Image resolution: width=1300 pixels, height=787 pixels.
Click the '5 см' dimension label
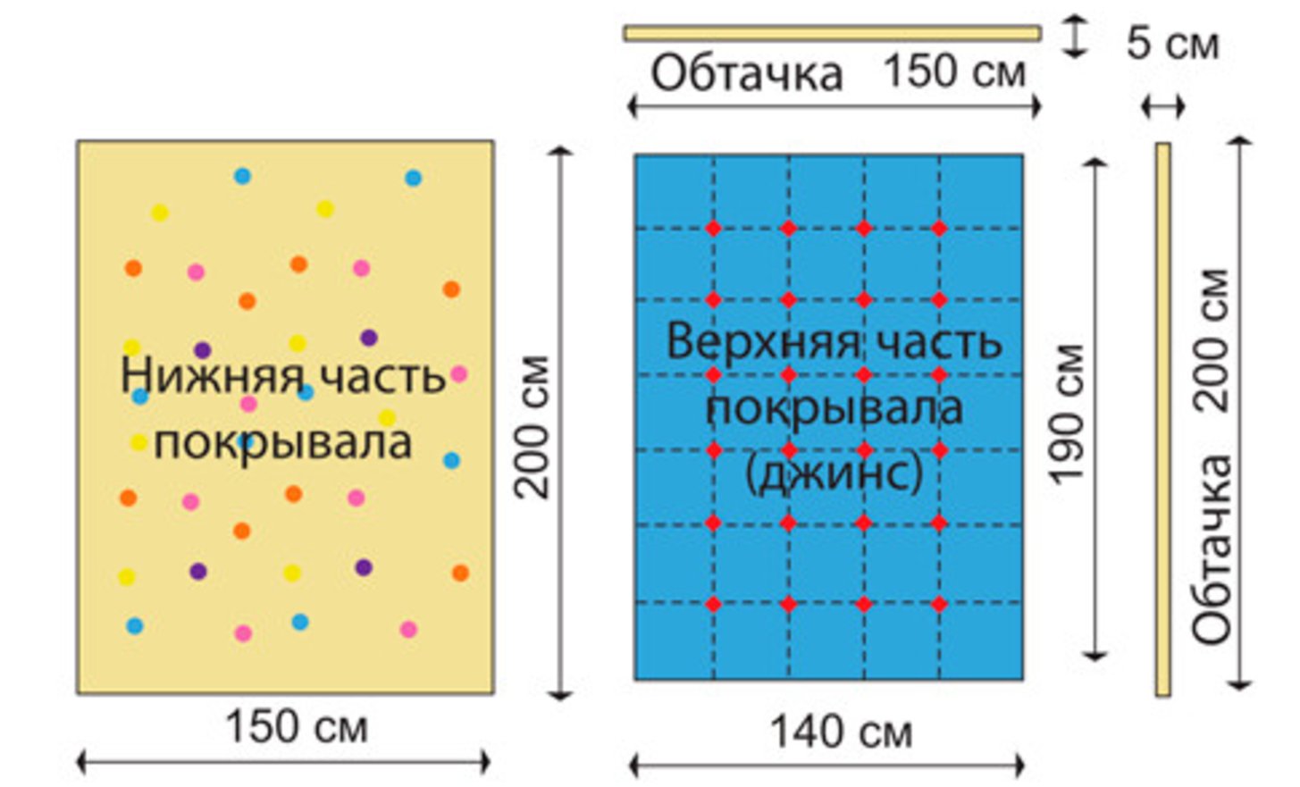point(1171,43)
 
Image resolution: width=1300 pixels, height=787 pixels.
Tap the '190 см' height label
point(1069,414)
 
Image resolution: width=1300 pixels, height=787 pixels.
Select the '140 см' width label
point(841,733)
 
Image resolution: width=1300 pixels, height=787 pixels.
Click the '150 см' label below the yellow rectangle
point(296,726)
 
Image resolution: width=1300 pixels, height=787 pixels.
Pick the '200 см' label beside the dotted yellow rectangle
point(533,426)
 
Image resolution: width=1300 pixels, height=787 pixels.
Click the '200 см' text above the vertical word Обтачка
point(1212,340)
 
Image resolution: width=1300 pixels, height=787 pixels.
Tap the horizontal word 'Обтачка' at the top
point(746,73)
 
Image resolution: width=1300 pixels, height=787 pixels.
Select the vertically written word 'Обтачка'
point(1212,548)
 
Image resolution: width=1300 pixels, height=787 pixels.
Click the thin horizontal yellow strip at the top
point(832,34)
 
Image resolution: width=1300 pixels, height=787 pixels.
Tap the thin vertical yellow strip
point(1162,419)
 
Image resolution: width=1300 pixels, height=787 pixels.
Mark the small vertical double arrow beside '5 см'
point(1075,38)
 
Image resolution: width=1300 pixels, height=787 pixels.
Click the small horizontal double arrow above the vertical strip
point(1163,107)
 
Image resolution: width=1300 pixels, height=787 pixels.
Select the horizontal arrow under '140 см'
point(827,765)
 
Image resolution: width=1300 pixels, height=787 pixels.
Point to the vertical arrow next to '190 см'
point(1095,411)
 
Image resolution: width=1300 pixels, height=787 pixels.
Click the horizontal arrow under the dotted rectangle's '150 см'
point(283,762)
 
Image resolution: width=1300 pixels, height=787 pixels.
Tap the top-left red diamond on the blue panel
point(713,228)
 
